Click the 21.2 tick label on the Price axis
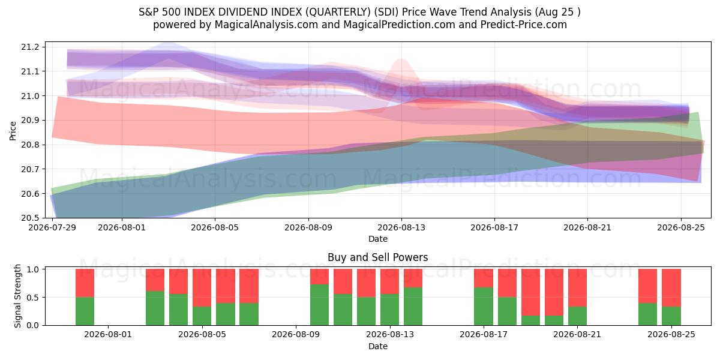coord(30,47)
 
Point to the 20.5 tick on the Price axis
coord(30,218)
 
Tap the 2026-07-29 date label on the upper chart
coord(52,227)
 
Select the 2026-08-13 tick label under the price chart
coord(401,227)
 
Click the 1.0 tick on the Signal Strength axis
coord(32,269)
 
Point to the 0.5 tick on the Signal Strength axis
coord(32,298)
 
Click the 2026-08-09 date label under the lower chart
coord(296,334)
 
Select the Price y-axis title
coord(13,131)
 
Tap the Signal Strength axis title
coord(17,296)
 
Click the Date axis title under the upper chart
coord(378,239)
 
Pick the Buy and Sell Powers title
coord(378,257)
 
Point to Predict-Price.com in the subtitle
coord(524,25)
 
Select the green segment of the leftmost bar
coord(85,311)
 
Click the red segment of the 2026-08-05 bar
coord(202,287)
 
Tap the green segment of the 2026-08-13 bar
coord(389,310)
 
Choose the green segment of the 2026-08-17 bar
coord(484,307)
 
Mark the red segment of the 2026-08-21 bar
coord(577,287)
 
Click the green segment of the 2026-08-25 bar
coord(671,316)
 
